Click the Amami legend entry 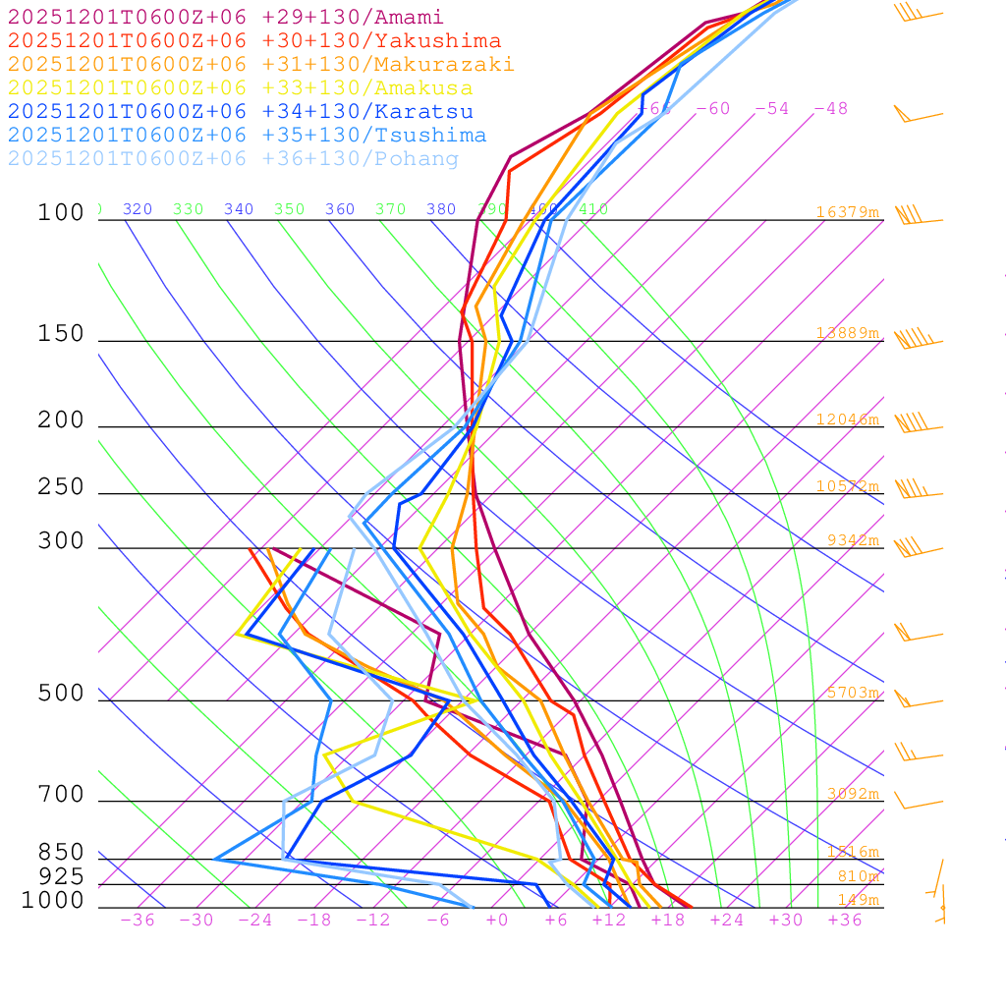tap(225, 18)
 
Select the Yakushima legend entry tap(253, 41)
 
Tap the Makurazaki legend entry tap(260, 65)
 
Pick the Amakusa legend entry tap(240, 88)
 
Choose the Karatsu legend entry tap(240, 112)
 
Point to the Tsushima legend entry tap(247, 136)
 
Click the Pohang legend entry tap(233, 159)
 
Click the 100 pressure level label tap(61, 213)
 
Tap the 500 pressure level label tap(61, 695)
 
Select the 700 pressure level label tap(61, 795)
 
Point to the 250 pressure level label tap(61, 487)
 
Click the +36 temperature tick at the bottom tap(845, 920)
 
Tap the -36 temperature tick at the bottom tap(138, 920)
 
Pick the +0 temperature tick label tap(497, 920)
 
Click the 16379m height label tap(847, 212)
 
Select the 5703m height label tap(852, 693)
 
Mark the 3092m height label tap(852, 794)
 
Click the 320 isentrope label tap(138, 209)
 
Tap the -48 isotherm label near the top tap(830, 109)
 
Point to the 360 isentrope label tap(340, 209)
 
